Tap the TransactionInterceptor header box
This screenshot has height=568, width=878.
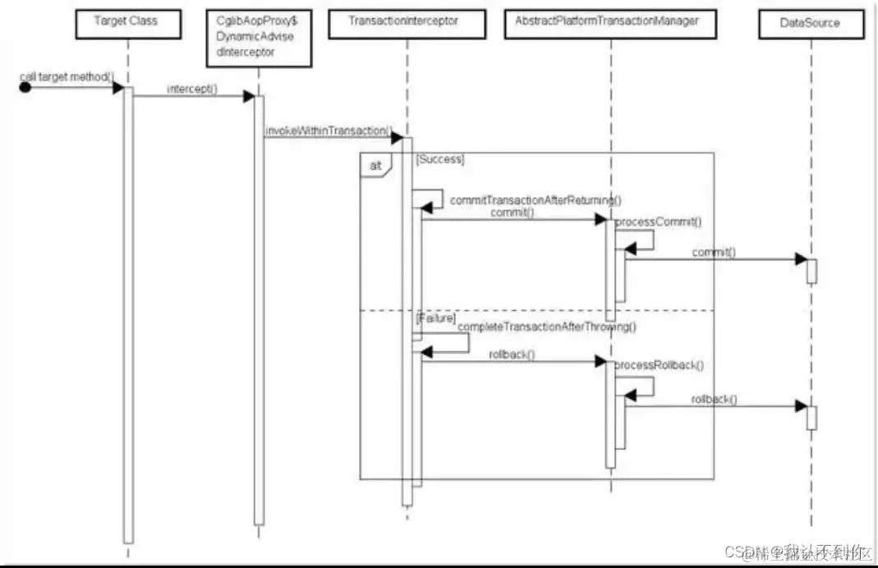tap(403, 21)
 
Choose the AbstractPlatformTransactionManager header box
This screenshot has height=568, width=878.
tap(609, 21)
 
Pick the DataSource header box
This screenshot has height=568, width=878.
tap(810, 23)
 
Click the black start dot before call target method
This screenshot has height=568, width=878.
tap(25, 88)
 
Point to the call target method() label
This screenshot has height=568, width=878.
tap(67, 76)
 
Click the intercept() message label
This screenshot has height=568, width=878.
tap(192, 88)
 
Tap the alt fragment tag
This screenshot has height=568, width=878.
tap(375, 165)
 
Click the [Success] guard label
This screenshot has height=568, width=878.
tap(440, 159)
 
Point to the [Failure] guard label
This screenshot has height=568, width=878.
tap(435, 317)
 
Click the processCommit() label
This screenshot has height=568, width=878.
tap(658, 222)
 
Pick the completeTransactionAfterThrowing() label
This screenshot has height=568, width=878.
tap(547, 327)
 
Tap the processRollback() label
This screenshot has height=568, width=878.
tap(660, 364)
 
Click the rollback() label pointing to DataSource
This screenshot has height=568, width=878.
tap(714, 399)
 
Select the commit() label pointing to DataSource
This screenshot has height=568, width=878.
tap(713, 252)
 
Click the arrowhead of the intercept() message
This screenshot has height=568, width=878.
tap(249, 97)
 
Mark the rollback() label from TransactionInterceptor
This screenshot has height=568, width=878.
tap(513, 355)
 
